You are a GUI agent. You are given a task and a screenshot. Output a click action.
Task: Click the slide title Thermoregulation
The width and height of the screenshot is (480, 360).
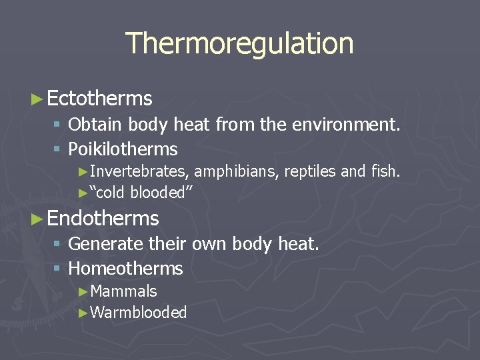239,43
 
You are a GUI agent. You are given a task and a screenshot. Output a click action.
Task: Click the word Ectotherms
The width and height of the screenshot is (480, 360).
100,99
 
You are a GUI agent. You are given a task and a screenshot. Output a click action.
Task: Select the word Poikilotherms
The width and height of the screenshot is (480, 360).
123,149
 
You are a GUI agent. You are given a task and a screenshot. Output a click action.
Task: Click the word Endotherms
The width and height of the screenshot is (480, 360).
103,219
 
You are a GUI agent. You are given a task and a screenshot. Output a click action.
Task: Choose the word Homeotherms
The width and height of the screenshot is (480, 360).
125,269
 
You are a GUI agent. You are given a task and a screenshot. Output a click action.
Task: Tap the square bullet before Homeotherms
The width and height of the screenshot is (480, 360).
58,269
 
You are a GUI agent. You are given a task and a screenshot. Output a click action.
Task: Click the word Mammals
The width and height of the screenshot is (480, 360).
123,291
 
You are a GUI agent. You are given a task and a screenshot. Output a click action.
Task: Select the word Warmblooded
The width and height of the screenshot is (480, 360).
138,313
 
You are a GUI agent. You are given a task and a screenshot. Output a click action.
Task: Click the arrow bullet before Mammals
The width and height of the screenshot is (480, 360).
83,292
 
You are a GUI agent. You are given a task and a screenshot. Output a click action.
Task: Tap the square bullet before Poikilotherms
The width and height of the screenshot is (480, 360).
58,149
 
